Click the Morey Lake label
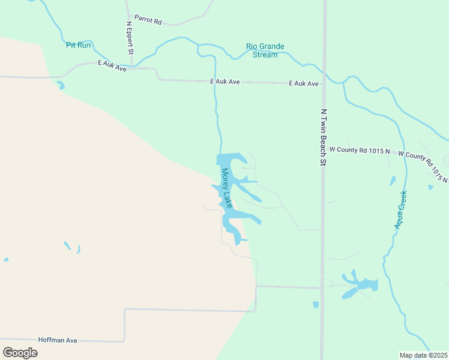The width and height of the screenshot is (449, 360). pos(226,188)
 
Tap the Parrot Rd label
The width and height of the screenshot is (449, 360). pos(148,21)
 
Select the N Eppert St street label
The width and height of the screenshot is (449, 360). pos(130,37)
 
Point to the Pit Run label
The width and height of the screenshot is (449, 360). pos(79,45)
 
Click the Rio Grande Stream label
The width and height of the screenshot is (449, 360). pos(265,50)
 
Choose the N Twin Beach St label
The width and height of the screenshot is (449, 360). pos(323,137)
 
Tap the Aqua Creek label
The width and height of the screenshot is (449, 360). pos(400,209)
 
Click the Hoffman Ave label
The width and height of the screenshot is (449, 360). pos(58,340)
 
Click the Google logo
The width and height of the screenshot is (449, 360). pos(20,352)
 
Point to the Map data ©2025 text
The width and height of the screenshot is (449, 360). pos(423,355)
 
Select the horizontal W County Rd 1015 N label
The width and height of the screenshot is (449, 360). pos(360,149)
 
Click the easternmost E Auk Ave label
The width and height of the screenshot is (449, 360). pos(303,83)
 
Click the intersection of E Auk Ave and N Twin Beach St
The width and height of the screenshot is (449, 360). pos(323,85)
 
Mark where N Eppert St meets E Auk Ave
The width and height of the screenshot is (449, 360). pos(131,68)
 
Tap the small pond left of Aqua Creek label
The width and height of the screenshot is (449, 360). pos(393,181)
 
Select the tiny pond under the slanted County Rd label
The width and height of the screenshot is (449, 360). pos(430,187)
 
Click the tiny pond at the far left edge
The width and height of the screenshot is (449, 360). pos(6,260)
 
